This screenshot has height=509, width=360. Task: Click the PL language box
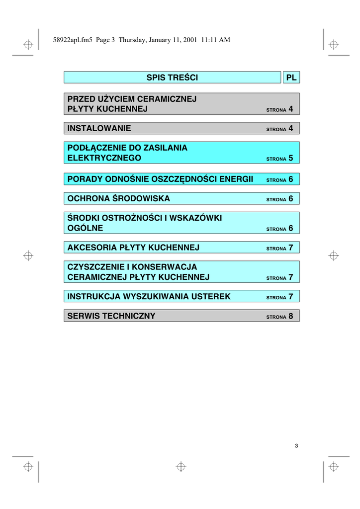(x=291, y=78)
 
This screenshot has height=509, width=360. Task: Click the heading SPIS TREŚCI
(x=172, y=78)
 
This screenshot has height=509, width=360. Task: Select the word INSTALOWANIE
(x=99, y=128)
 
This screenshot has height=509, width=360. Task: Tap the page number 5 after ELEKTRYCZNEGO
(x=291, y=158)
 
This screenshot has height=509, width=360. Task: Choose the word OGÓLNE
(x=85, y=228)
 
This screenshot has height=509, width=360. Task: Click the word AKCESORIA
(x=92, y=248)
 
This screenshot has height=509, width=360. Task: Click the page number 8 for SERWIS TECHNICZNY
(x=291, y=316)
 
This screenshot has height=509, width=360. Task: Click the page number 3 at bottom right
(x=296, y=445)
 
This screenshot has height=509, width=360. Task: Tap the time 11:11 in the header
(x=209, y=40)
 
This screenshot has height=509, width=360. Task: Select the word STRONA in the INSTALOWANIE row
(x=276, y=130)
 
